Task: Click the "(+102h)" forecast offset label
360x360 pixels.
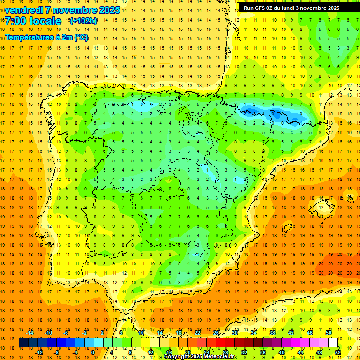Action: (83, 21)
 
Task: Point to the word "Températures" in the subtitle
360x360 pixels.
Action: (29, 37)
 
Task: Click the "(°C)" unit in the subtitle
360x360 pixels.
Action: (81, 37)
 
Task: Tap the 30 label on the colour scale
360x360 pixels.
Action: (234, 333)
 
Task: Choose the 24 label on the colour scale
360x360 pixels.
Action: (207, 352)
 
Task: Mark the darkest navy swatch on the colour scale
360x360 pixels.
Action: (23, 343)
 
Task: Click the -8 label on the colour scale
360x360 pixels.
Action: (56, 352)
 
